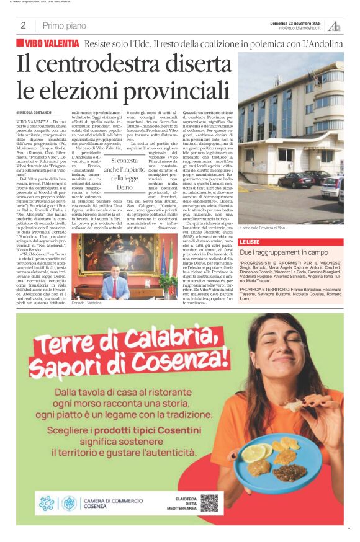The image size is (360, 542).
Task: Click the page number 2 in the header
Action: point(23,25)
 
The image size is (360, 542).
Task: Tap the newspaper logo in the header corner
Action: point(335,25)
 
